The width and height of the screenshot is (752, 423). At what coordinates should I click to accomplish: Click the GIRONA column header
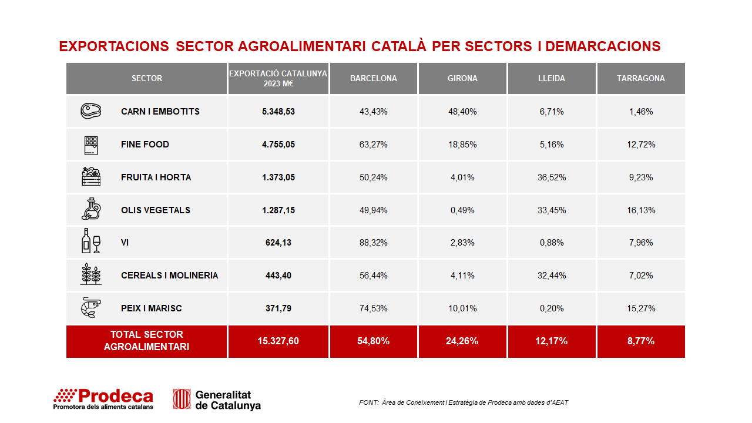[x=462, y=78]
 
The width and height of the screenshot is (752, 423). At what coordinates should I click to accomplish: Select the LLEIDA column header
[x=552, y=78]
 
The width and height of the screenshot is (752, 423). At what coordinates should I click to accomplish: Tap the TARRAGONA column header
[x=641, y=78]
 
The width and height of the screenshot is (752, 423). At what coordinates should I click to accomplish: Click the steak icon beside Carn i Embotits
[x=90, y=111]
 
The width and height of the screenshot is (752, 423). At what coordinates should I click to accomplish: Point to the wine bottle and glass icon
[x=90, y=241]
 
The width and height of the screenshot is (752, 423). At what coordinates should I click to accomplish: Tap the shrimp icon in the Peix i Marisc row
[x=90, y=307]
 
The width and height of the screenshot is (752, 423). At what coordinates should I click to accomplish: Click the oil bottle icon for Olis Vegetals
[x=91, y=209]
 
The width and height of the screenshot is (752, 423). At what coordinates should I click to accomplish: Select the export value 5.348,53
[x=278, y=112]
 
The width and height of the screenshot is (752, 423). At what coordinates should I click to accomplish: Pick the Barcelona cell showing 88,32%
[x=373, y=243]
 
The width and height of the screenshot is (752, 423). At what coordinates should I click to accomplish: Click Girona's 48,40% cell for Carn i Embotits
[x=462, y=112]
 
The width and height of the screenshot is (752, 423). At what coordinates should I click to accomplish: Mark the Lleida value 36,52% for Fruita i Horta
[x=552, y=177]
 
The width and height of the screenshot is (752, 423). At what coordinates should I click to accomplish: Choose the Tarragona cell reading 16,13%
[x=641, y=210]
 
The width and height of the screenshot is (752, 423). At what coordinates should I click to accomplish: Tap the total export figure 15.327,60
[x=278, y=341]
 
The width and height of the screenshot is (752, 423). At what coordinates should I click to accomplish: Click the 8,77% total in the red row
[x=641, y=341]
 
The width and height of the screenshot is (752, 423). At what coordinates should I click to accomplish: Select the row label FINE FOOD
[x=145, y=145]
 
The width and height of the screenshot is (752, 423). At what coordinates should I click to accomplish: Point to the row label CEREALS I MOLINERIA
[x=170, y=276]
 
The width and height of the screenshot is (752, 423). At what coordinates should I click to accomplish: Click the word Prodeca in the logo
[x=116, y=396]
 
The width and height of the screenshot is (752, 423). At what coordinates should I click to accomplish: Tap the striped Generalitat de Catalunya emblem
[x=182, y=399]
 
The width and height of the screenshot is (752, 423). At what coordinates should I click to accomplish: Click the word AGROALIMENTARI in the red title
[x=301, y=46]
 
